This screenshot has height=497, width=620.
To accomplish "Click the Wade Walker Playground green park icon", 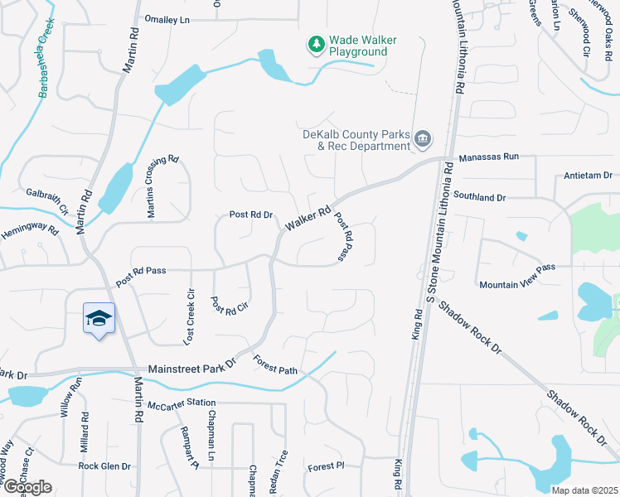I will coord(315,45).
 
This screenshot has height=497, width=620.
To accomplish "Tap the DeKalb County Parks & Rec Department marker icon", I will coord(423,138).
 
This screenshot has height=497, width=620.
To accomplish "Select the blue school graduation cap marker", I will coord(98,319).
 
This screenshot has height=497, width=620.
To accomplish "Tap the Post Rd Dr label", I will coord(251,215).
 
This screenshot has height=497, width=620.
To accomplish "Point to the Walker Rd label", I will coord(308,220).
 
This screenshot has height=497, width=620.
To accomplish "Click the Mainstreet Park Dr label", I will coord(192,368).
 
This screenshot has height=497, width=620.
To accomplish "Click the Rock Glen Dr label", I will coord(105,466).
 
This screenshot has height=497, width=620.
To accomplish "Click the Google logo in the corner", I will coord(27,486).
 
